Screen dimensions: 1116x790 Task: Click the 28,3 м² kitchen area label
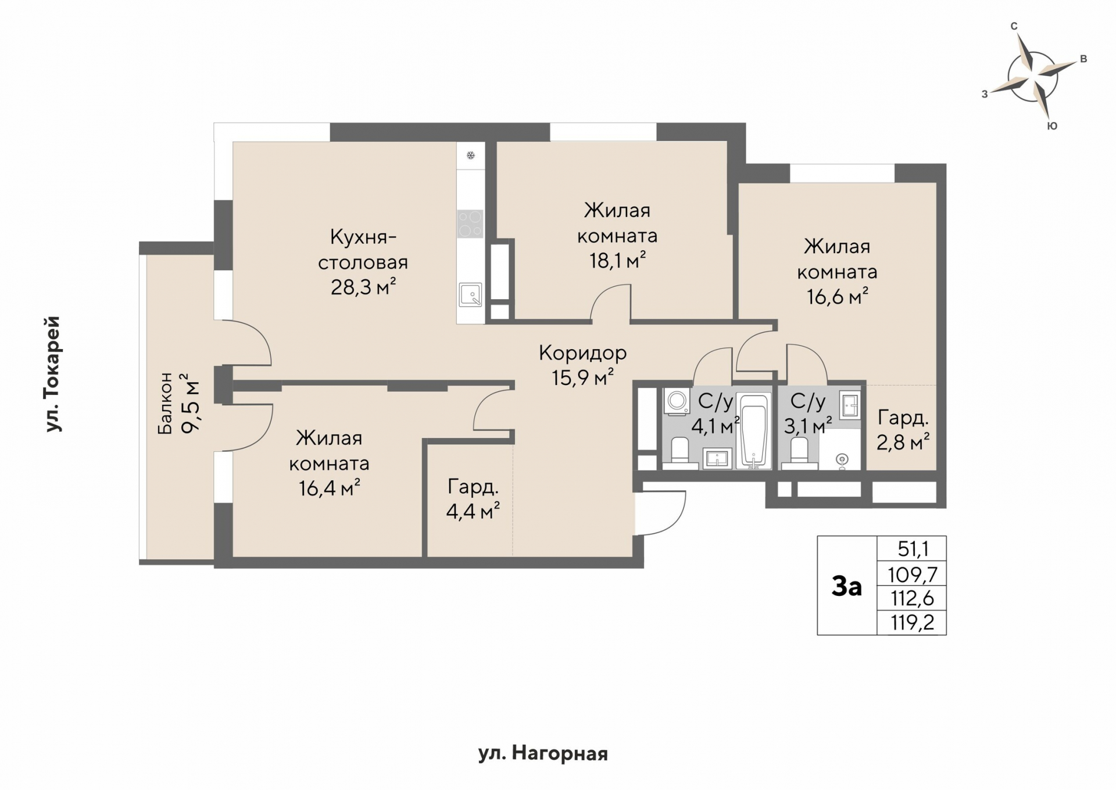coord(363,287)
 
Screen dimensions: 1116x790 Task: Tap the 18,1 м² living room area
coord(617,261)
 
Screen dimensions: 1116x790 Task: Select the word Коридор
coord(582,353)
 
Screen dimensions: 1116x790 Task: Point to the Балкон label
coord(165,403)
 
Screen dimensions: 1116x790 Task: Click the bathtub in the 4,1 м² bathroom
coord(753,430)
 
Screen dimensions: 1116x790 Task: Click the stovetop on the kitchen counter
coord(470,224)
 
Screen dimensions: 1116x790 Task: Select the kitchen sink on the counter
coord(470,295)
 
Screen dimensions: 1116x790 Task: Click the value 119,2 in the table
coord(913,623)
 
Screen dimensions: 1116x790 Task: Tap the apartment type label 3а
coord(846,587)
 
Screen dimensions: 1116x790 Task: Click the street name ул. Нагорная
coord(543,754)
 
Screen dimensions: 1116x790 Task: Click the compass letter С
coord(1014,26)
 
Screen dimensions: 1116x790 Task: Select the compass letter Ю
coord(1052,126)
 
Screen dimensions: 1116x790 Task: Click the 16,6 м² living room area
coord(838,297)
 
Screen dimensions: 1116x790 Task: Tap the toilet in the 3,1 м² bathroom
coord(799,453)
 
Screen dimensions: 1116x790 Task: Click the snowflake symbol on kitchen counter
coord(471,155)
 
